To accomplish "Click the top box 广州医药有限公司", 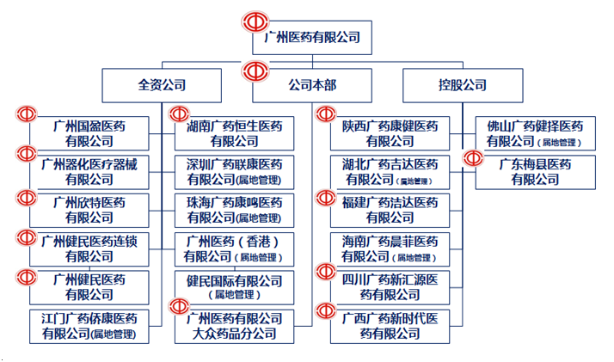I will [x=312, y=38].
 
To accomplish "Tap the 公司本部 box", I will [x=312, y=85].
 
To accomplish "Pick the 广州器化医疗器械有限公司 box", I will [x=89, y=171].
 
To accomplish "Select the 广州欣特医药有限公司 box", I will [x=89, y=211].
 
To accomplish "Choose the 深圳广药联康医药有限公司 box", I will [x=235, y=171].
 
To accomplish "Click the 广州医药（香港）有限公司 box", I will [x=235, y=248].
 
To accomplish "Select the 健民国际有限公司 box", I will [x=235, y=287].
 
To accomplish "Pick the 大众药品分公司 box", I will [x=235, y=326].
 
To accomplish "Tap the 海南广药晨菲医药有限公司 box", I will [x=390, y=248].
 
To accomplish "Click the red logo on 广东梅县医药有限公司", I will [x=473, y=158].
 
